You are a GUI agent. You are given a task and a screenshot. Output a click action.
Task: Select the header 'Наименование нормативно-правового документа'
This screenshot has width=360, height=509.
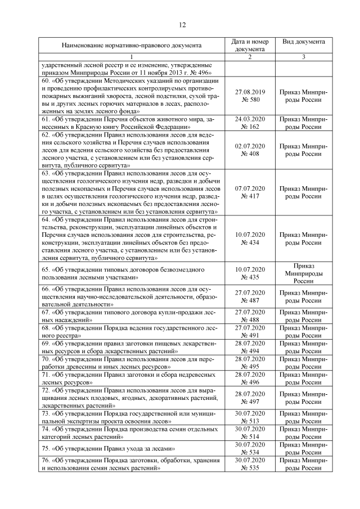click(131, 46)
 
